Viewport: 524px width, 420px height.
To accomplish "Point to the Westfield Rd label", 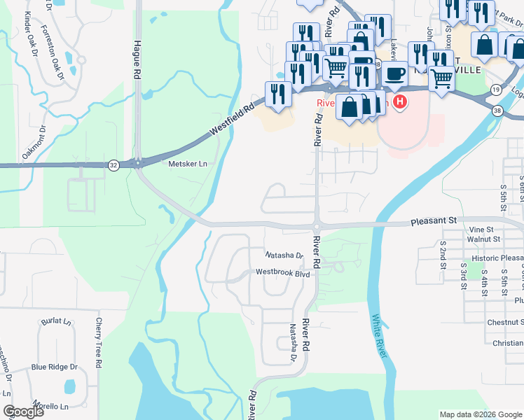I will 231,121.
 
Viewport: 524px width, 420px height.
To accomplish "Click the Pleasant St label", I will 432,220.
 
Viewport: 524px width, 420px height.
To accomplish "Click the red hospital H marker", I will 399,103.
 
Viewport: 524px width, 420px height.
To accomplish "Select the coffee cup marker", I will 395,73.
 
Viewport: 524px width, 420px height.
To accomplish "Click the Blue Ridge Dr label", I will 54,367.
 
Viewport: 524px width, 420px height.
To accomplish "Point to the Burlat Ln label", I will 57,321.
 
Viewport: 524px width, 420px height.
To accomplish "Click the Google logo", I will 23,411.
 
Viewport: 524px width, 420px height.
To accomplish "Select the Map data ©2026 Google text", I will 480,414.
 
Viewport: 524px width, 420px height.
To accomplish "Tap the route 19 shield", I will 496,90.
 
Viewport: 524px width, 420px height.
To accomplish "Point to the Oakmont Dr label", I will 33,143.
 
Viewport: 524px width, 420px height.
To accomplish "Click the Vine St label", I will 481,229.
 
